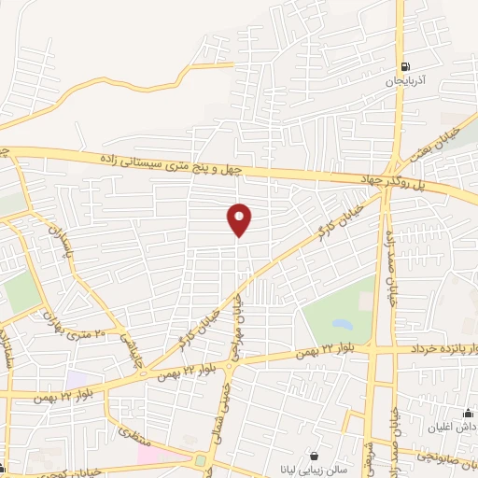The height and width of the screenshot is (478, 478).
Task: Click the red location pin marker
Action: [x=240, y=219]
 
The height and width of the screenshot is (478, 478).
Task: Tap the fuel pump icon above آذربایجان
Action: [x=404, y=67]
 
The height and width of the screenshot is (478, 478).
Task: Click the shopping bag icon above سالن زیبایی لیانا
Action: [x=313, y=456]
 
